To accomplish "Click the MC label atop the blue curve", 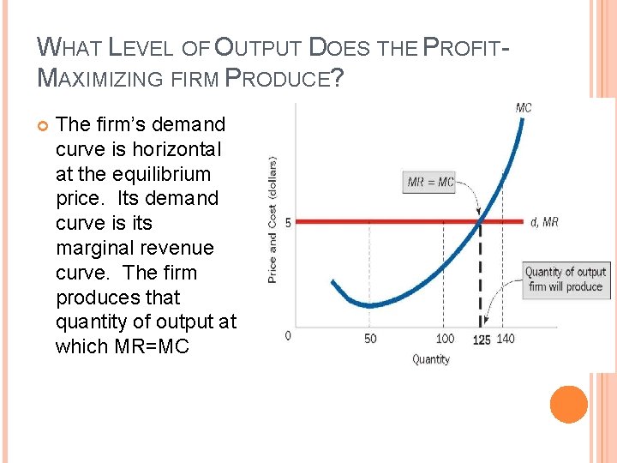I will [x=523, y=108].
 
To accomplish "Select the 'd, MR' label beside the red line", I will [x=544, y=222].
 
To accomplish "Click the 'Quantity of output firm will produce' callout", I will [x=566, y=280].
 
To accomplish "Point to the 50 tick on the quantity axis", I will [x=370, y=339].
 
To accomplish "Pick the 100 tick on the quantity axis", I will [x=445, y=339].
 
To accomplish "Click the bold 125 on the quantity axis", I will [x=482, y=340].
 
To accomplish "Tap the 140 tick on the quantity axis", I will [x=506, y=339].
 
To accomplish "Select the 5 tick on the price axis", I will [x=288, y=222].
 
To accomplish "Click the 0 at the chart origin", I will [x=288, y=334].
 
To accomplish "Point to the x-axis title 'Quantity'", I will [x=430, y=359].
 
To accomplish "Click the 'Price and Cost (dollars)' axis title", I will [x=273, y=219].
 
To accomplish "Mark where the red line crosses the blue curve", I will [x=479, y=221].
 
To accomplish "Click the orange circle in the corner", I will [x=568, y=404].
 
